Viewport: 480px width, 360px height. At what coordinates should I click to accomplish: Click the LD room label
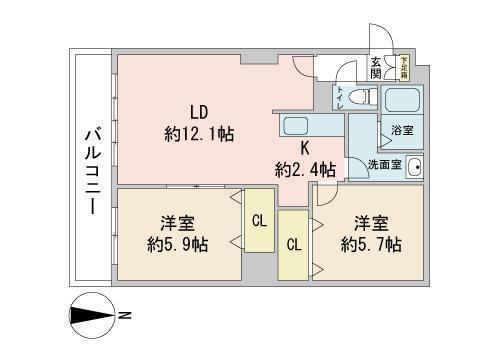pyautogui.click(x=199, y=111)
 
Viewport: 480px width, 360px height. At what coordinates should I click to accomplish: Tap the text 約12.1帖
pyautogui.click(x=199, y=133)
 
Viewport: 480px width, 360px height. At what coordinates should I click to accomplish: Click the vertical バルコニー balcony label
pyautogui.click(x=91, y=167)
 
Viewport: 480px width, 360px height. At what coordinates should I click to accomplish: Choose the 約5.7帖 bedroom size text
pyautogui.click(x=371, y=244)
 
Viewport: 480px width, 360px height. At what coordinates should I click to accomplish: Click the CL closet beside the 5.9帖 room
pyautogui.click(x=258, y=221)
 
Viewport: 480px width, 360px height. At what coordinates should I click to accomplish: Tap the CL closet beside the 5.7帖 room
pyautogui.click(x=294, y=244)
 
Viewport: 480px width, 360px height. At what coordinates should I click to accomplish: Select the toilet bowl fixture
pyautogui.click(x=361, y=99)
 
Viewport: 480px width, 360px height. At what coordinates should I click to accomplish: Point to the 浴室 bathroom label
pyautogui.click(x=400, y=131)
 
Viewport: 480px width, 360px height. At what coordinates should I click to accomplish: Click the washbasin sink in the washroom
pyautogui.click(x=414, y=166)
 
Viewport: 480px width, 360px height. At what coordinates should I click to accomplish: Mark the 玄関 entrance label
pyautogui.click(x=376, y=67)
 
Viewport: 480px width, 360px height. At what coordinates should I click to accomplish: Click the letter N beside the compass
pyautogui.click(x=127, y=318)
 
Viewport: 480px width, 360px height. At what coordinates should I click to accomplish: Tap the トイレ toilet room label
pyautogui.click(x=341, y=99)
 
